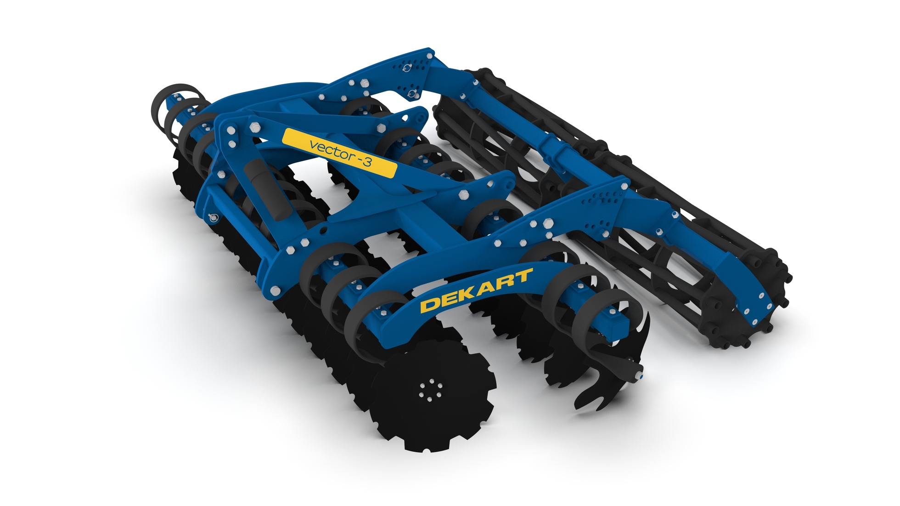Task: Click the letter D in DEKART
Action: click(x=430, y=305)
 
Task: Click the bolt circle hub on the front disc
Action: click(x=430, y=390)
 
